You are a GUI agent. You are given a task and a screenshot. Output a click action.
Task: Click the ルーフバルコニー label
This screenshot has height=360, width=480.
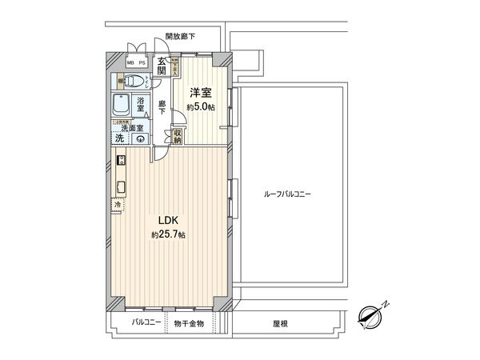click(x=287, y=194)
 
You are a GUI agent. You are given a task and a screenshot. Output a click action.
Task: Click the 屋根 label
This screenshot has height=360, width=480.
click(x=280, y=324)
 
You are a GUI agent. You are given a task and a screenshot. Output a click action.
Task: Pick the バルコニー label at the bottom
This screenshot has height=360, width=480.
click(x=146, y=323)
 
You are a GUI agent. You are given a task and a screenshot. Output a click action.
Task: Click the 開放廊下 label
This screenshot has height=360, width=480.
click(x=180, y=36)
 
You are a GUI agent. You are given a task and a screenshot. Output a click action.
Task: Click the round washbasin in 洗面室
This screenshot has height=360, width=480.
click(x=141, y=138)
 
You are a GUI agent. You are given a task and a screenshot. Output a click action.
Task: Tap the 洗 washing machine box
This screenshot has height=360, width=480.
click(x=119, y=138)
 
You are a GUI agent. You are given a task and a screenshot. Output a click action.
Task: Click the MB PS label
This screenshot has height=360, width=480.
click(x=137, y=62)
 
